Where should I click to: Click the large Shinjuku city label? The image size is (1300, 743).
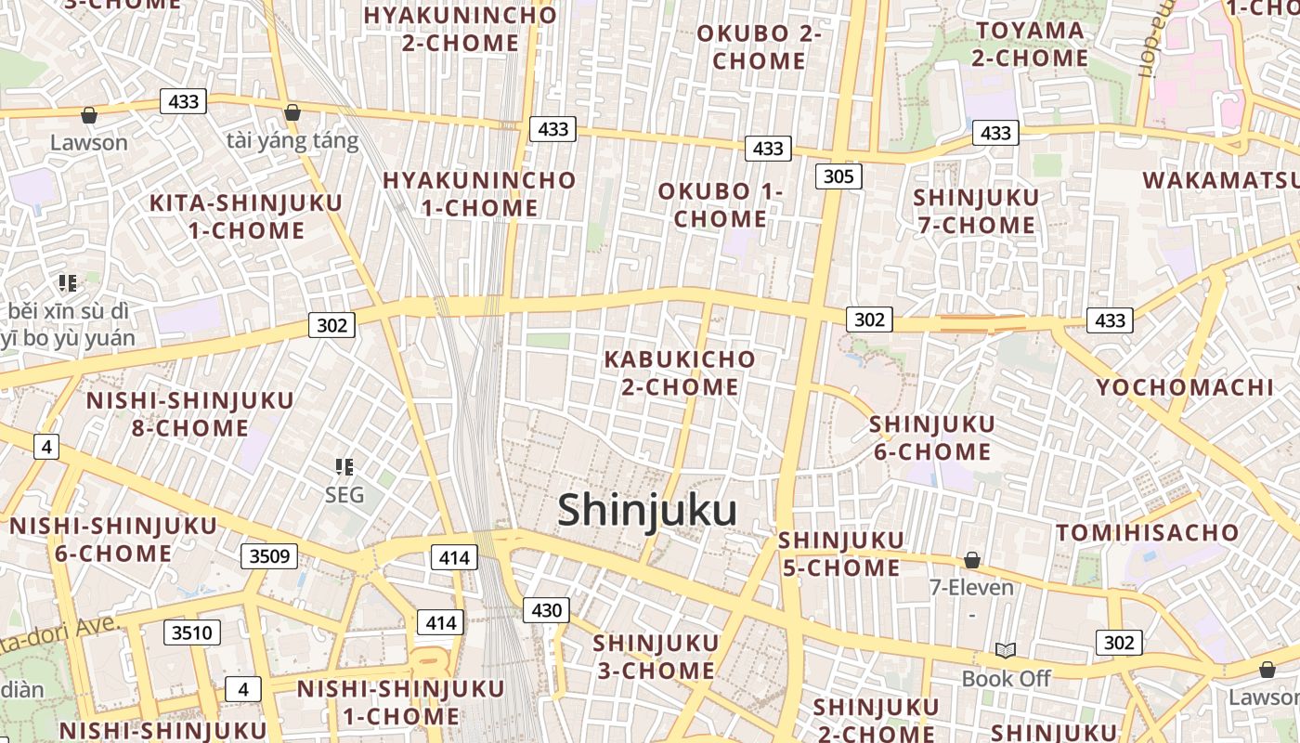click(647, 511)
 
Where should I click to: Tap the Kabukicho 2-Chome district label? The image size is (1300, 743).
click(680, 372)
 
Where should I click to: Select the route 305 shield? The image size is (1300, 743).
click(839, 176)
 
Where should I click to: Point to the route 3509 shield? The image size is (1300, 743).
click(270, 556)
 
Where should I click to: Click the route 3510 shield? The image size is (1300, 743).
click(192, 633)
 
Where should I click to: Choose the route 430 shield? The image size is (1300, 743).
click(546, 610)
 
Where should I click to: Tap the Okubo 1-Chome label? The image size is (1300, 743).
click(721, 205)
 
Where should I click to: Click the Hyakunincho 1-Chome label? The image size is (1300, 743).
click(479, 193)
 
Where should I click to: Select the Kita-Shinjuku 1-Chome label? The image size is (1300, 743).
click(246, 216)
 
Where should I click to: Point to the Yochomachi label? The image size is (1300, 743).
click(1185, 387)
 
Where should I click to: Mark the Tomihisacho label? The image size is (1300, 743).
click(1148, 532)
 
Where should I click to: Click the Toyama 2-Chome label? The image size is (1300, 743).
click(1030, 44)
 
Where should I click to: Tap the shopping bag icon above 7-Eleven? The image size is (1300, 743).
click(972, 560)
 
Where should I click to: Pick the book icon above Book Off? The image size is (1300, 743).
click(1005, 650)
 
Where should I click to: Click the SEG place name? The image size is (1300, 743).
click(344, 495)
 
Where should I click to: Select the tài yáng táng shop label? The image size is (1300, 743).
click(292, 141)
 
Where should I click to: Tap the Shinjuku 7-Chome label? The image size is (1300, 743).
click(976, 211)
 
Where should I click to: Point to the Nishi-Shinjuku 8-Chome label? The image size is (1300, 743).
click(189, 414)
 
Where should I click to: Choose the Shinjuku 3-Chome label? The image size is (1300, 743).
click(655, 656)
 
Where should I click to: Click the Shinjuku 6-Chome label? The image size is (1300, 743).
click(931, 437)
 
